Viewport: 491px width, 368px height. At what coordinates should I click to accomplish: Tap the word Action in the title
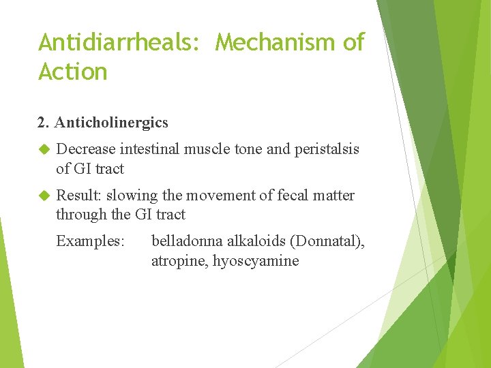[x=73, y=72]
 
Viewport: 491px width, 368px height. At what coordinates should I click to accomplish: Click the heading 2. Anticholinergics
[x=102, y=123]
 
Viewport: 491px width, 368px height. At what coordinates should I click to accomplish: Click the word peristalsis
[x=327, y=149]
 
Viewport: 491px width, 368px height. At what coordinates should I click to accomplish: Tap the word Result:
[x=78, y=196]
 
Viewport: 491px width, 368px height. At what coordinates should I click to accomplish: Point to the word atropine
[x=179, y=261]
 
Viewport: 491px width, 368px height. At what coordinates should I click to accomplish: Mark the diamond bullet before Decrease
[x=44, y=149]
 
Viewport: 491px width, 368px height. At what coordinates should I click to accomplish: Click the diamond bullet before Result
[x=44, y=196]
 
